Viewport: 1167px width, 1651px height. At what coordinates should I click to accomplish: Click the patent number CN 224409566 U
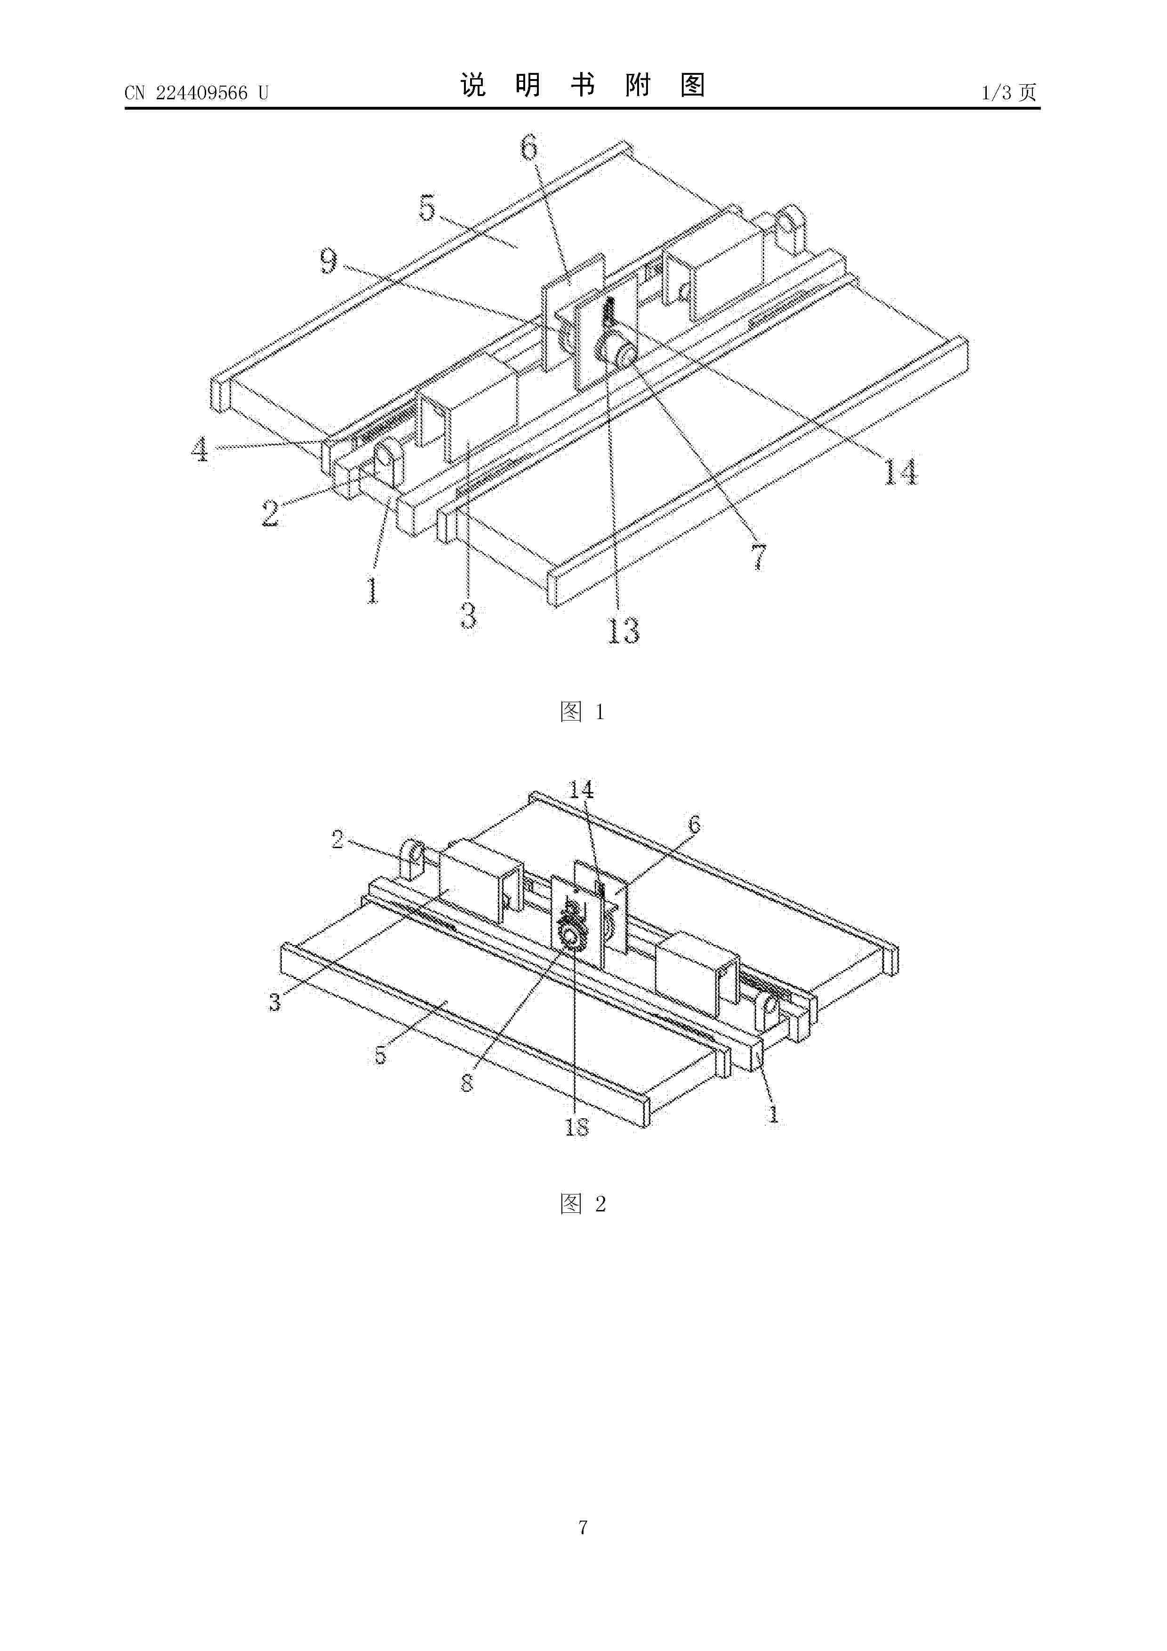click(x=196, y=93)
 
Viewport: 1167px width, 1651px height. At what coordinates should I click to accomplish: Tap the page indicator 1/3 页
click(x=1009, y=93)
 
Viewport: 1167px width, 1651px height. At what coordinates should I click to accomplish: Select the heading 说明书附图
click(x=583, y=86)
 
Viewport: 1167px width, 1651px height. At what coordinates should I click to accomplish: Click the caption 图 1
click(x=583, y=712)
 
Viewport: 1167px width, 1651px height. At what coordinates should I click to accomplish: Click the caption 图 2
click(x=583, y=1204)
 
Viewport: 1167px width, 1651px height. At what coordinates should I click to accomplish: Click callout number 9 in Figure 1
click(x=328, y=261)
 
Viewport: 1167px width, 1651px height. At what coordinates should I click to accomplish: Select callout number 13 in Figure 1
click(x=623, y=631)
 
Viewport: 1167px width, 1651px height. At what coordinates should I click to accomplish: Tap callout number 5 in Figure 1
click(x=427, y=208)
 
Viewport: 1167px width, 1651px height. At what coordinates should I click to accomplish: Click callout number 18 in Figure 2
click(x=576, y=1127)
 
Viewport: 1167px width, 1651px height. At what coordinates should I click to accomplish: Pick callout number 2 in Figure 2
click(x=337, y=839)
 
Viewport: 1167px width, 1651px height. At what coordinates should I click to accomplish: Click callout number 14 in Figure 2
click(x=581, y=790)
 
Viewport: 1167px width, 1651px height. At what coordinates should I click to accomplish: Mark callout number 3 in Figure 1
click(x=468, y=616)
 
